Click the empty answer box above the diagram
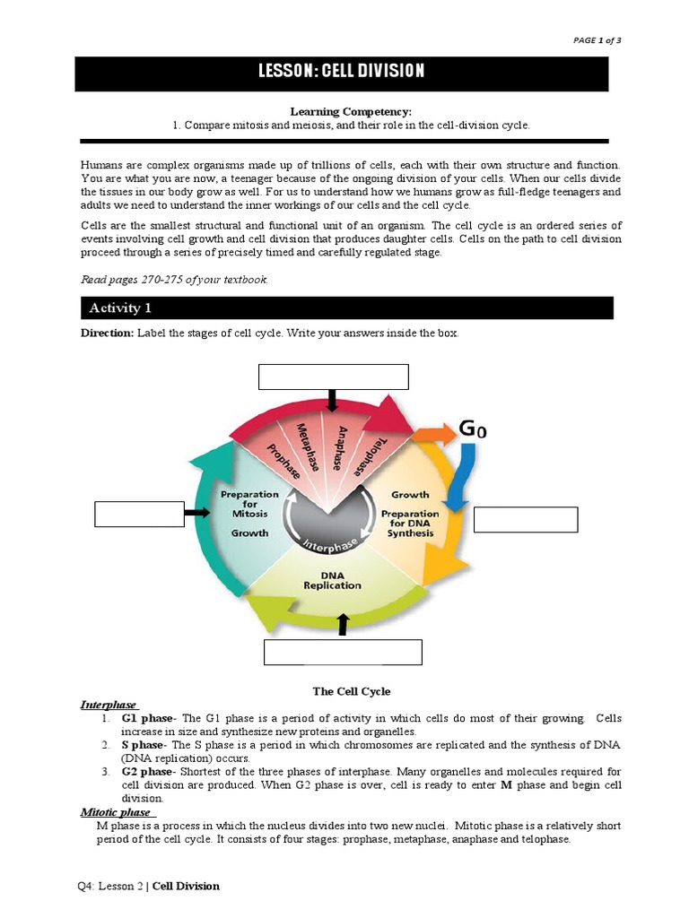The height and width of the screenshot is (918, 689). click(x=334, y=377)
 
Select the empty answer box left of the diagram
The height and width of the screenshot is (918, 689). click(x=139, y=515)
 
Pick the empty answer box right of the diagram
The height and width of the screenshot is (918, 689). click(x=526, y=520)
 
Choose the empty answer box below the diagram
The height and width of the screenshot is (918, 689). click(x=343, y=652)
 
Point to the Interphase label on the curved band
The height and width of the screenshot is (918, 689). click(x=329, y=545)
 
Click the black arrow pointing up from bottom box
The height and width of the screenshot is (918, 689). click(x=342, y=625)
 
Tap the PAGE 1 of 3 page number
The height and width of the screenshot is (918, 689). click(x=596, y=40)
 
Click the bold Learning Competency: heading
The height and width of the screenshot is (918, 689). click(x=351, y=111)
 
